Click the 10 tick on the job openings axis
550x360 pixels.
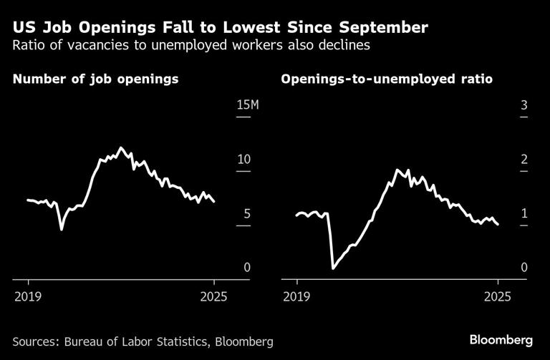[x=243, y=159]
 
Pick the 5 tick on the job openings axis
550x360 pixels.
[x=246, y=213]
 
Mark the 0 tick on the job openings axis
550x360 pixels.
[x=246, y=267]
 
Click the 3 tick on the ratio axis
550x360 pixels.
[x=524, y=106]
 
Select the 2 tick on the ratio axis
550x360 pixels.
[x=524, y=159]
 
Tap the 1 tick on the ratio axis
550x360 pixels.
[x=524, y=213]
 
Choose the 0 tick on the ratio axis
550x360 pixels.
[x=524, y=267]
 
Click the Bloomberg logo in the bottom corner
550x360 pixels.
[x=501, y=338]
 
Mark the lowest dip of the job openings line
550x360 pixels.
[x=62, y=229]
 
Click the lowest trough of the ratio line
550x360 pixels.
[x=333, y=268]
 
